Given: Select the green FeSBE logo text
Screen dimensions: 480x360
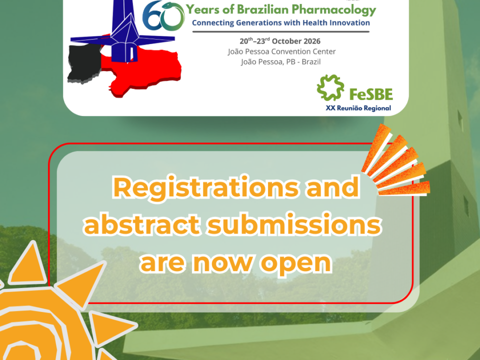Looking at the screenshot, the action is (x=371, y=94).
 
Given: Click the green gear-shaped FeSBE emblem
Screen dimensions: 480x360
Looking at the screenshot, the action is (x=330, y=87).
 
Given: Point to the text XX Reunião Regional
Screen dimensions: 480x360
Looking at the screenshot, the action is (x=358, y=108).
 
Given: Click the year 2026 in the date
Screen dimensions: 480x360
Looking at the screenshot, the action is (x=312, y=41).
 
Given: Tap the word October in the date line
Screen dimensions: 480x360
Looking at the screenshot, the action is (x=286, y=41).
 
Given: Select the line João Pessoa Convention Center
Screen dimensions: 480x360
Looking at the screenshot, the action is (x=281, y=51).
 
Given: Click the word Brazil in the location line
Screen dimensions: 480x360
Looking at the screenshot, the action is (x=311, y=62).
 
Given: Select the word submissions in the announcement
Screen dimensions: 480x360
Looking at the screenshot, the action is (x=294, y=225).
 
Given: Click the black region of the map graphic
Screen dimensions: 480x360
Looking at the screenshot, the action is (x=84, y=63).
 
